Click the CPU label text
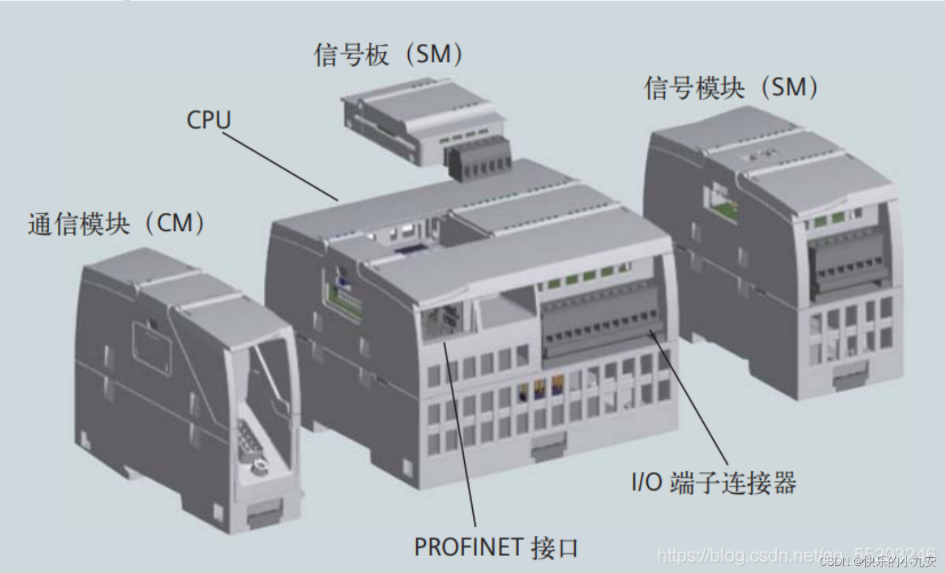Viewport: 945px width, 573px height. pos(208,120)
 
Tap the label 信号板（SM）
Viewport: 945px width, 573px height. pos(388,55)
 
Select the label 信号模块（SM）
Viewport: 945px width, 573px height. pos(731,88)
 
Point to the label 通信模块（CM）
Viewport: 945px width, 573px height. pos(116,223)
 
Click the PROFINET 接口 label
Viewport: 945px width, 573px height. pos(495,547)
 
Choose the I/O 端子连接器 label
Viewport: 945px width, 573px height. pos(713,483)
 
